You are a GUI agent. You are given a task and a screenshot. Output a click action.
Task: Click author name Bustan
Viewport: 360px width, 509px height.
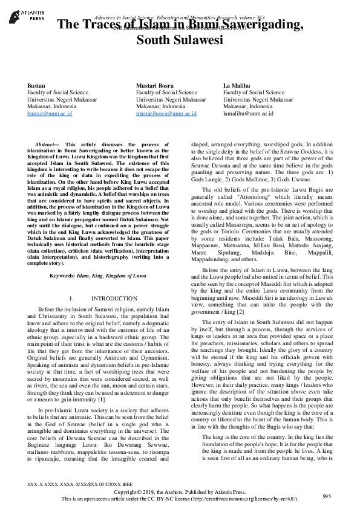pyautogui.click(x=37, y=85)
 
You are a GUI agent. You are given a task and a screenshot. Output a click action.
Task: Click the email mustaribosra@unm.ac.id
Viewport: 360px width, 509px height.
pyautogui.click(x=166, y=113)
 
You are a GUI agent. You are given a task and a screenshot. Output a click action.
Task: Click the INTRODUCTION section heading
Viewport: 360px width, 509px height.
pyautogui.click(x=114, y=299)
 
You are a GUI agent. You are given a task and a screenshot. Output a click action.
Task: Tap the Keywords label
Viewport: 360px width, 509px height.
pyautogui.click(x=65, y=276)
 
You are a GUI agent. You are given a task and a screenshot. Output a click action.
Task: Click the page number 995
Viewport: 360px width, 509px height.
pyautogui.click(x=327, y=496)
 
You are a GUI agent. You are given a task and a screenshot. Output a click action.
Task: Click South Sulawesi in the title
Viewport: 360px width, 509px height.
pyautogui.click(x=180, y=41)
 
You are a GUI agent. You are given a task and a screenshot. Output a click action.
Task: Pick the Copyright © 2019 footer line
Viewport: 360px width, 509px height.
pyautogui.click(x=179, y=493)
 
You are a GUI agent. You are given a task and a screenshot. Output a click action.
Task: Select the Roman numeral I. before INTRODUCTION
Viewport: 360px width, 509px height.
pyautogui.click(x=72, y=299)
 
